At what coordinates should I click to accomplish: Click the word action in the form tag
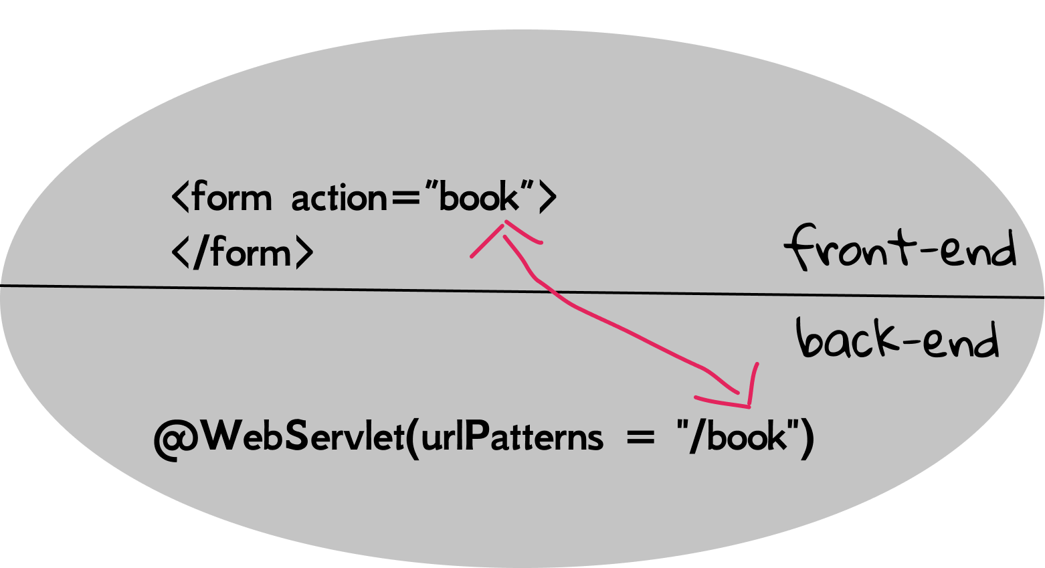339,199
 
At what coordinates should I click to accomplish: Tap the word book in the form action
480,197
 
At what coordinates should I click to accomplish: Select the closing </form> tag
242,254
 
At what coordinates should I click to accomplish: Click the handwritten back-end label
896,339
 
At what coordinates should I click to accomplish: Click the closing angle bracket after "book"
548,198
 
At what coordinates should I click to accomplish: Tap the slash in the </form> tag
199,253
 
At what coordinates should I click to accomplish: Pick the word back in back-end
846,339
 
